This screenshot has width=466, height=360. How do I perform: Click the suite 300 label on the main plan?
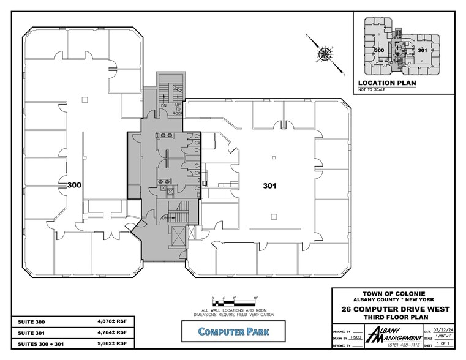[x=75, y=184]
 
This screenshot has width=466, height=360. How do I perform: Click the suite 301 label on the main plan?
[x=271, y=185]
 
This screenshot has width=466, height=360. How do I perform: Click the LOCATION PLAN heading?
[x=381, y=82]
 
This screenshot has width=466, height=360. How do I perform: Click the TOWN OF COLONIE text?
[x=394, y=293]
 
